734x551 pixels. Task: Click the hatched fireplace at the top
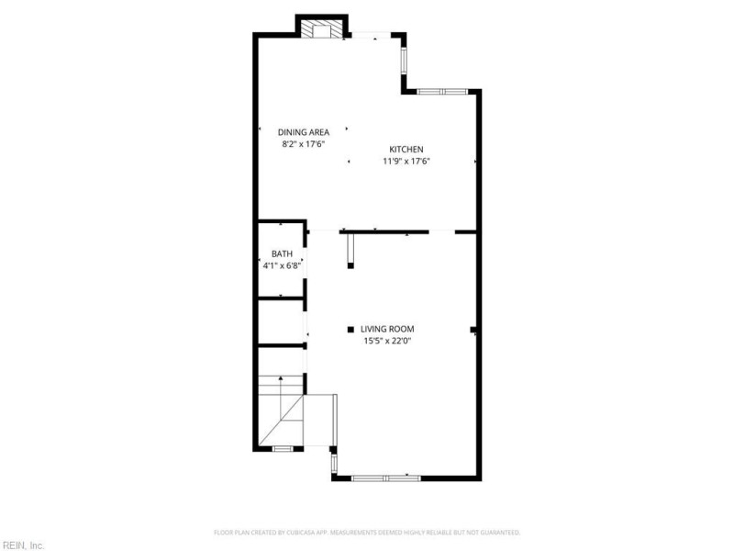click(x=322, y=30)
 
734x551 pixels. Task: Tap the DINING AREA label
click(x=304, y=132)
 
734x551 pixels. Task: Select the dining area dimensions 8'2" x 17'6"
click(x=304, y=144)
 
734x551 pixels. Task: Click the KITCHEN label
click(x=406, y=150)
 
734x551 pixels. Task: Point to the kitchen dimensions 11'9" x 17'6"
click(x=406, y=162)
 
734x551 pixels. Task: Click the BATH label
click(x=282, y=254)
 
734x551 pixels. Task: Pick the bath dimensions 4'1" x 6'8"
click(x=282, y=266)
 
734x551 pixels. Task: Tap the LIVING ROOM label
click(x=387, y=329)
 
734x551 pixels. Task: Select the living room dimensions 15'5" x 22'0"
click(x=387, y=342)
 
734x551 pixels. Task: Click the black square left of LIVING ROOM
click(x=350, y=329)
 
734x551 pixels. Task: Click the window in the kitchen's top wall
click(x=443, y=91)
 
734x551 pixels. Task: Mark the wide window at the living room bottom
click(x=386, y=478)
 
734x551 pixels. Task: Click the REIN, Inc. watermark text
click(x=23, y=545)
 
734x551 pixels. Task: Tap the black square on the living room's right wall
click(x=473, y=329)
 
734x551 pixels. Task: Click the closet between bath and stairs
click(x=280, y=321)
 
